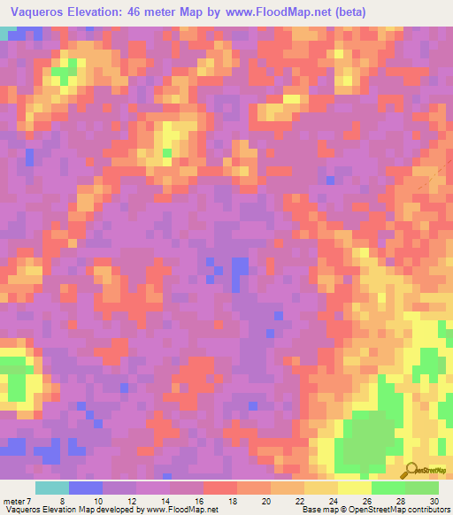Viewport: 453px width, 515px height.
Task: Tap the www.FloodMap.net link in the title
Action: click(272, 12)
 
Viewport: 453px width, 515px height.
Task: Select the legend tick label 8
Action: click(62, 500)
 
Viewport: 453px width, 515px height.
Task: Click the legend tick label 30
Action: click(434, 500)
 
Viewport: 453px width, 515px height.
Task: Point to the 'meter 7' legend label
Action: click(18, 500)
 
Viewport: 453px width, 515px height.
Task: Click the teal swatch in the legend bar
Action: click(52, 488)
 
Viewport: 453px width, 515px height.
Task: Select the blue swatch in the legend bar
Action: click(86, 488)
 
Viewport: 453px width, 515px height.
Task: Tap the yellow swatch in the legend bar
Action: click(355, 488)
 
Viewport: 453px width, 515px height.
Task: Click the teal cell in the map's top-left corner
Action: click(7, 32)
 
